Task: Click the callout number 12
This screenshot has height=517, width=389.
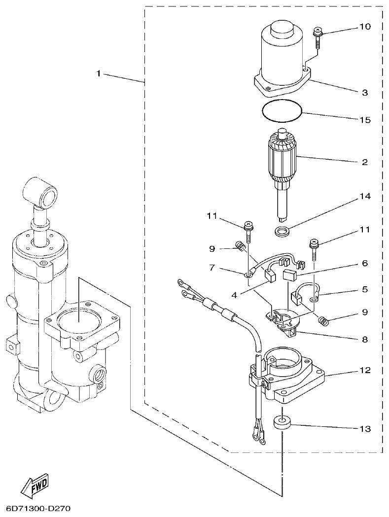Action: tap(364, 370)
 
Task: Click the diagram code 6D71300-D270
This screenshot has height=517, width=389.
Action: tap(38, 507)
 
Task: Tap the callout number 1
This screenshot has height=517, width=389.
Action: tap(99, 73)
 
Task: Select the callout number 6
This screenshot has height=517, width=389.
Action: tap(364, 264)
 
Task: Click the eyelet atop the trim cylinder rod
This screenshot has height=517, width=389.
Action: tap(41, 193)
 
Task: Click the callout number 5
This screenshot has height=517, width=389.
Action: tap(364, 289)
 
